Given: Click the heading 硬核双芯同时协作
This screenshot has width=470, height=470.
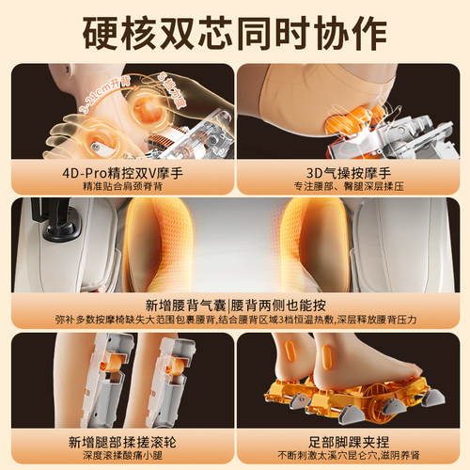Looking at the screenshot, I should pos(235,29).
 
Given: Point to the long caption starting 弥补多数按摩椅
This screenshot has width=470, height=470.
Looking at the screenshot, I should pos(235,320).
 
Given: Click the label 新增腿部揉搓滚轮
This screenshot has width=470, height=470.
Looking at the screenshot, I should pos(117,439).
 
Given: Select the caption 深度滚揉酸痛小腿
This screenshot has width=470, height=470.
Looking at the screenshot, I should pos(117,454).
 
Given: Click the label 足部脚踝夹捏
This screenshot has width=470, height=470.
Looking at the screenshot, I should pos(352,439).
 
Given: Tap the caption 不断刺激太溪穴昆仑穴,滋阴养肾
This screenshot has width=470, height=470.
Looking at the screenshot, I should pos(352,454).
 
